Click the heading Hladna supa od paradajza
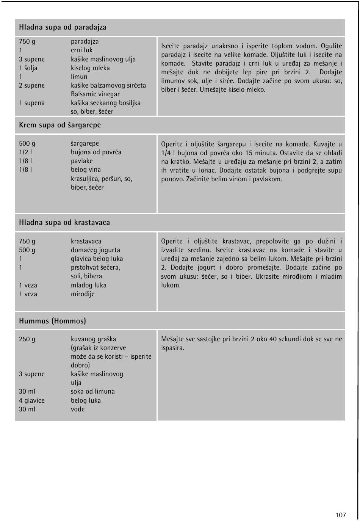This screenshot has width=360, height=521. point(63,27)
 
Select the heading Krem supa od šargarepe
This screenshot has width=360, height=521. point(60,125)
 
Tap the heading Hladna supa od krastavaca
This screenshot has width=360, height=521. point(64,223)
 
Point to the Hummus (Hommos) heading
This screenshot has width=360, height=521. point(52,321)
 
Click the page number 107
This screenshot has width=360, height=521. point(340,515)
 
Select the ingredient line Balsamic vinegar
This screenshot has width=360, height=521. point(95,94)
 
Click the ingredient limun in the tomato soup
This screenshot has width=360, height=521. point(79,77)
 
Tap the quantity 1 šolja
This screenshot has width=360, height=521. point(28,68)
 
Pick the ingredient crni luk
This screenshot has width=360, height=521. point(81,50)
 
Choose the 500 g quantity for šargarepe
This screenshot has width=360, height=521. point(27,143)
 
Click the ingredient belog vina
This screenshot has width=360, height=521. point(86,169)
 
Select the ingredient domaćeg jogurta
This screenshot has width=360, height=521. point(95,250)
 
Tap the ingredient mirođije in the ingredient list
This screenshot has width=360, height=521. point(83,294)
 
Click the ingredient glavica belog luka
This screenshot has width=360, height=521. point(97,259)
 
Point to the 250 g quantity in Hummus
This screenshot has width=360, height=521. point(27,339)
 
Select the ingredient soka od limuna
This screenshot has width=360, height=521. point(92,391)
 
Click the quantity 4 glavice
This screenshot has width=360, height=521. point(31,400)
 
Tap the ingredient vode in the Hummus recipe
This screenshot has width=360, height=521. point(78,409)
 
